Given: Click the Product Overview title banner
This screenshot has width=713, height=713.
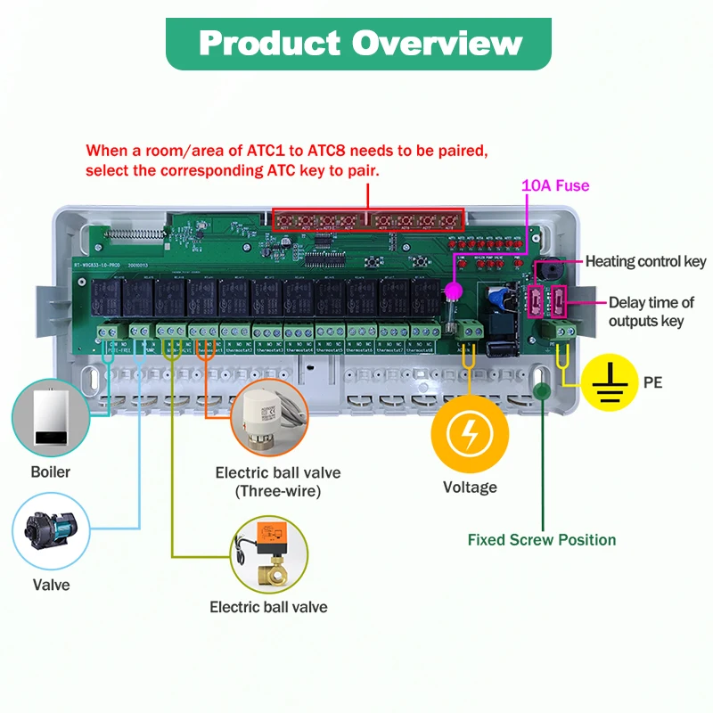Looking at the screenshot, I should [358, 44].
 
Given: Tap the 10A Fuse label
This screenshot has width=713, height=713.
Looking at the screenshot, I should [555, 185].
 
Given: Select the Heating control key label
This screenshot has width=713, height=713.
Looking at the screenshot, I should [645, 261].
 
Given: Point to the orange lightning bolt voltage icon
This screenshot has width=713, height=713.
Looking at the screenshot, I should [470, 436].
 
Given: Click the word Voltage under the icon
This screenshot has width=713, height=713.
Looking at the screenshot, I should [470, 488].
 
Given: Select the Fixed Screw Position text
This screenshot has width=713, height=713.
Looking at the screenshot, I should [542, 539].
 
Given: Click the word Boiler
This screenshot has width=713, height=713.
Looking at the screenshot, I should [51, 471].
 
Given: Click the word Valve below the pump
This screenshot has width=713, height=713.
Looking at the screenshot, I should [52, 586].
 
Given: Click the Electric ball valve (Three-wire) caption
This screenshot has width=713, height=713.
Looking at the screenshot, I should [278, 481].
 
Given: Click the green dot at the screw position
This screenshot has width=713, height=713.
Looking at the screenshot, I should [540, 389].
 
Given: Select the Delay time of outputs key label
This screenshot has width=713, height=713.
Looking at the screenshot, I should [652, 312].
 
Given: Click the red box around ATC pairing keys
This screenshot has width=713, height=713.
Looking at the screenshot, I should [368, 219].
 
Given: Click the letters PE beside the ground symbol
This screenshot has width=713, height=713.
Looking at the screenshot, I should [653, 383].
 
